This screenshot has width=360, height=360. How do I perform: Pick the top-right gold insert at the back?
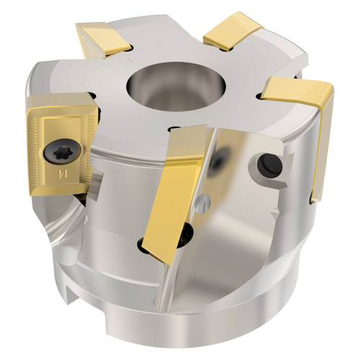pos(232,31)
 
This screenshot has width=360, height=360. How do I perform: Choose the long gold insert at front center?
pos(179,187)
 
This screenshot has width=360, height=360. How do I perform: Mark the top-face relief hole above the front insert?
pos(174,128)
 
